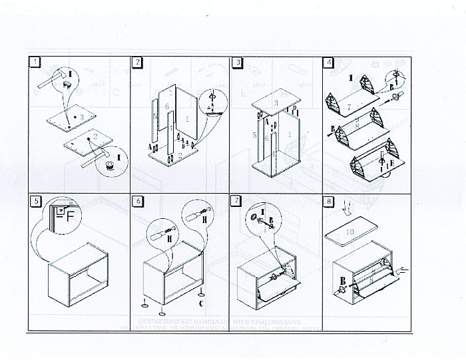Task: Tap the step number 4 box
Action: coord(328,63)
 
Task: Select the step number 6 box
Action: coord(137,200)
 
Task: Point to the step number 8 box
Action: coord(328,200)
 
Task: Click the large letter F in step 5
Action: coord(69,214)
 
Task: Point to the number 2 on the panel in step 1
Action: coord(96,137)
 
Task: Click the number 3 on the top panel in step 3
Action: coord(276,103)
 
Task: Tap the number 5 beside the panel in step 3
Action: coord(254,134)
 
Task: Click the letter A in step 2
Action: coord(150,146)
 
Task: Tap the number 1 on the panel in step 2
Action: coord(187,120)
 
